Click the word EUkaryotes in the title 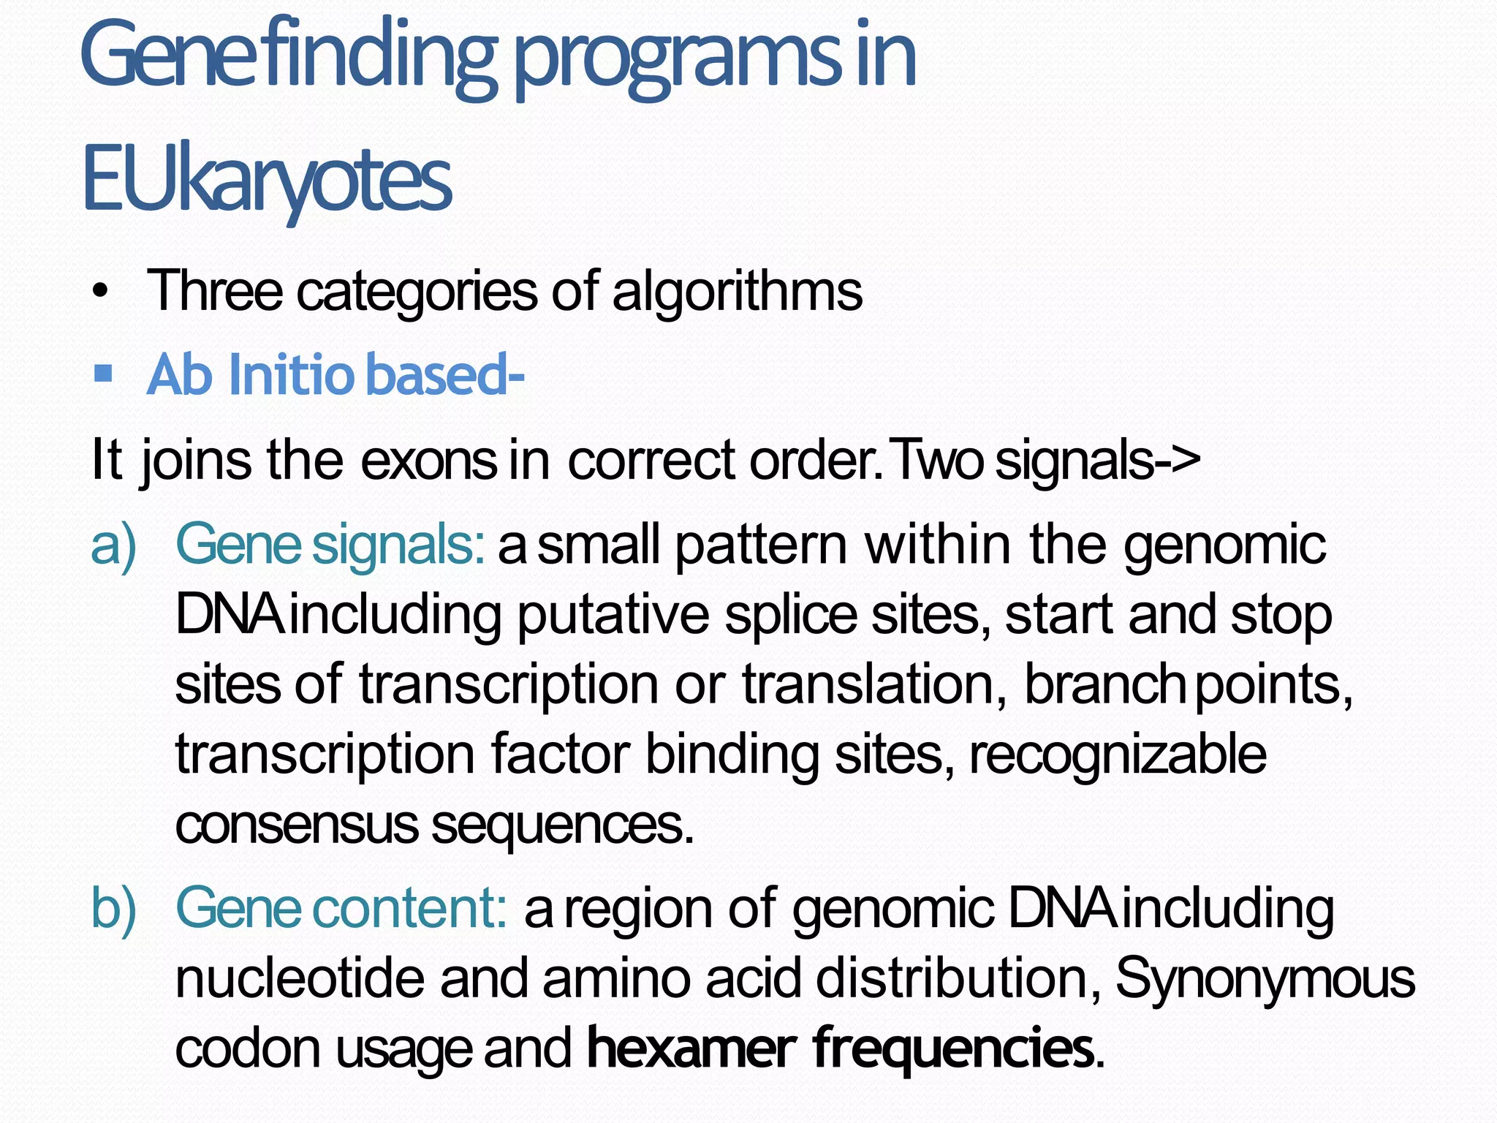point(267,180)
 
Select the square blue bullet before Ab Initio point(103,374)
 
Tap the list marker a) point(114,545)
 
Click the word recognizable point(1118,755)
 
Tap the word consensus point(296,825)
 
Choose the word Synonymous point(1265,978)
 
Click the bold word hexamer point(691,1048)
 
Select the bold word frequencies point(953,1048)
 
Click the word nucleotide point(300,978)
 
